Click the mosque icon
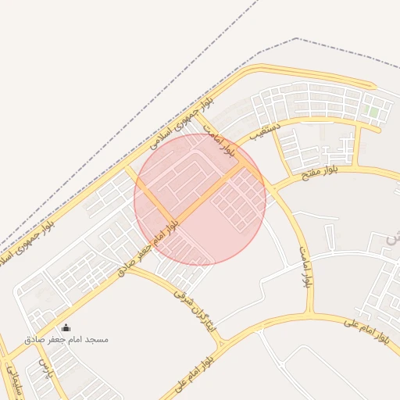pos(66,328)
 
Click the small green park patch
pos(374,112)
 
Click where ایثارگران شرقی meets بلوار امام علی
pos(223,342)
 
